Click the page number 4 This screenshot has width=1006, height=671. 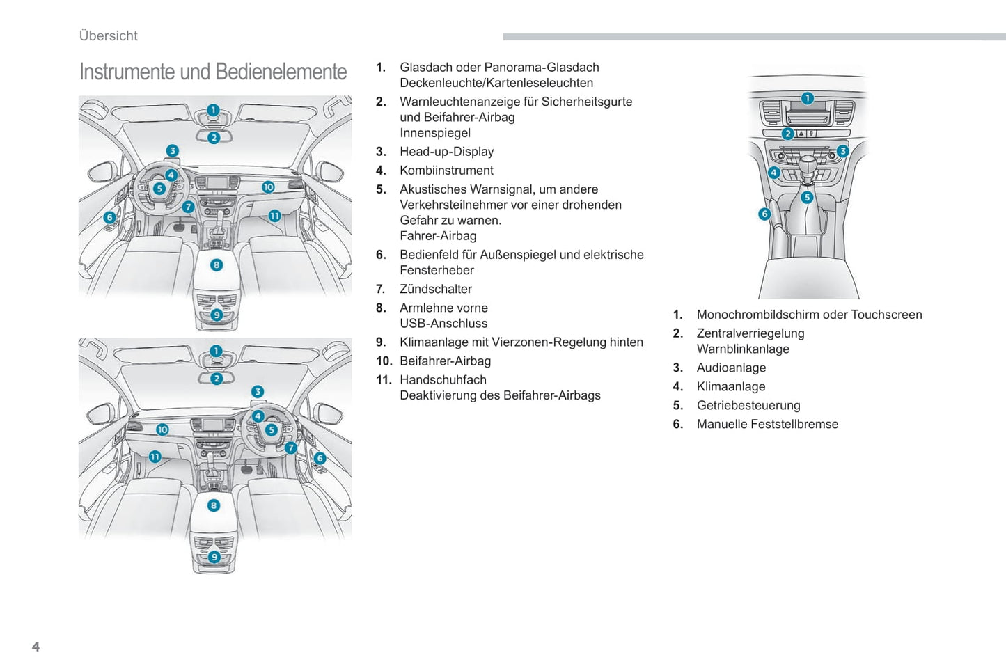36,647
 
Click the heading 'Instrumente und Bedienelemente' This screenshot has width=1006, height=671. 212,72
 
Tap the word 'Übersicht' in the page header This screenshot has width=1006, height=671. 108,35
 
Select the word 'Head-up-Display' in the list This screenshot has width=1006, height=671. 446,152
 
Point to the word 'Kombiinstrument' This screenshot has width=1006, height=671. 446,171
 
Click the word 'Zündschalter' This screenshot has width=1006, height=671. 435,289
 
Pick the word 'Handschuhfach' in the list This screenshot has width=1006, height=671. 443,380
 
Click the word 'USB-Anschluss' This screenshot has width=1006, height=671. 443,324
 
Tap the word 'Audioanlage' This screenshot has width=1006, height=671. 731,368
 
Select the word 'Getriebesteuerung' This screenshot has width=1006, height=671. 748,406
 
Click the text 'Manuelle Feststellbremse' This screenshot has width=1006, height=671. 767,425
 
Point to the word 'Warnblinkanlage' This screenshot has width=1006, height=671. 743,349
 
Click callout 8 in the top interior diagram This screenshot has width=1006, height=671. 217,265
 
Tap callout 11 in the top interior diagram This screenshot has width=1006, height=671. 274,216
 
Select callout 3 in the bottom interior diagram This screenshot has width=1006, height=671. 258,392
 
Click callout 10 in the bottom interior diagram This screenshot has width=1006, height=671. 162,429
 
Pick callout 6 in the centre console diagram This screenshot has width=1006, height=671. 764,214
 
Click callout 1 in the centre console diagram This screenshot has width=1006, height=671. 807,98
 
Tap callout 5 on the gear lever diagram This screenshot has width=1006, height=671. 807,198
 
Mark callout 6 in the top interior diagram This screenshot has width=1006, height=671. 109,218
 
